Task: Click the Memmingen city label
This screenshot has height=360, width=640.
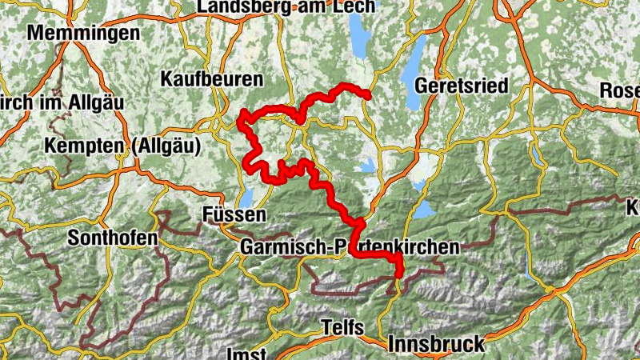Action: tap(83, 34)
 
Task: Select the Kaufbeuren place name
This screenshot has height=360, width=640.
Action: tap(212, 79)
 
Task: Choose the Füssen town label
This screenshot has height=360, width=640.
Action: tap(234, 215)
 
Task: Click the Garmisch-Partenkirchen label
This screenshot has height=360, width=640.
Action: tap(350, 247)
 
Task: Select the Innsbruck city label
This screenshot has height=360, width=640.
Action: tap(436, 344)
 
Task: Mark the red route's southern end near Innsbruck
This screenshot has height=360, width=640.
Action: tap(398, 275)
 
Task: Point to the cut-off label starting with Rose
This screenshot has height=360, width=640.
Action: tap(622, 90)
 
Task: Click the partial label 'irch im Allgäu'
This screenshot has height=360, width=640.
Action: tap(48, 105)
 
